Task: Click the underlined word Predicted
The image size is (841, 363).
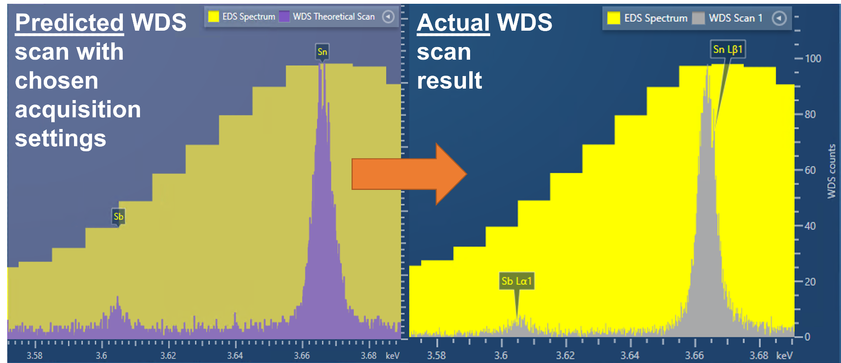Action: (69, 23)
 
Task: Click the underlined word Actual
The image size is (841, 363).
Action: (453, 23)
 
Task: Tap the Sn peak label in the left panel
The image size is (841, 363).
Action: (322, 52)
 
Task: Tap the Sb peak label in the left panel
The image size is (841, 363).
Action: (118, 217)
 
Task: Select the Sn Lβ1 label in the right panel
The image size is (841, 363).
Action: (727, 50)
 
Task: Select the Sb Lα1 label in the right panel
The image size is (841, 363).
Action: (516, 281)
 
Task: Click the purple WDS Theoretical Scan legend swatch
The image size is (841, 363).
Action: (284, 16)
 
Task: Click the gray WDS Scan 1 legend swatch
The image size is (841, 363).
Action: (698, 18)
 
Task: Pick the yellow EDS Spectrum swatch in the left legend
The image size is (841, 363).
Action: (214, 16)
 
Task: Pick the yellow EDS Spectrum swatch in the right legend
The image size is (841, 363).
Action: (614, 18)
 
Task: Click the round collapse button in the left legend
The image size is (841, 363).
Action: (388, 17)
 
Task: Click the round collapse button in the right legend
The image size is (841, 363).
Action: (779, 18)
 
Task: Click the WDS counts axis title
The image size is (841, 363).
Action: (831, 171)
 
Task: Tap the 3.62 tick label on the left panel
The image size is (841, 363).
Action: (168, 355)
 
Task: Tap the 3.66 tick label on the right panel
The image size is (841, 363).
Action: (694, 355)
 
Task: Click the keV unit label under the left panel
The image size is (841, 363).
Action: (392, 355)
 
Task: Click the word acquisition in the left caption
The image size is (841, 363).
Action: (78, 110)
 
